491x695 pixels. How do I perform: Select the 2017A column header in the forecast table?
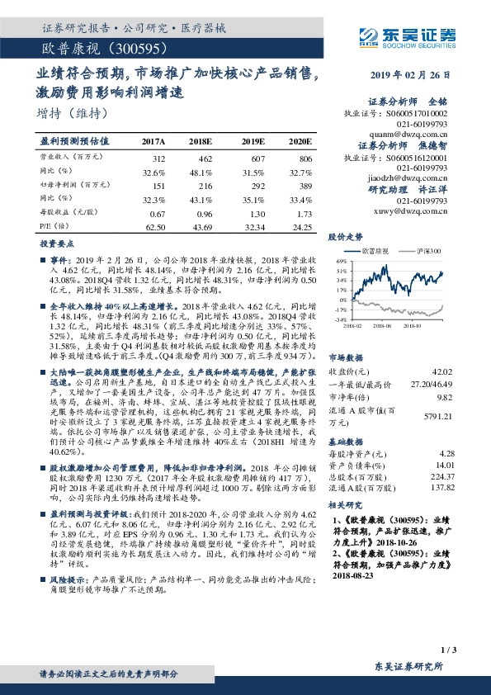(153, 142)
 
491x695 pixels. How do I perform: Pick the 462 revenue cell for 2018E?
(202, 158)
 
